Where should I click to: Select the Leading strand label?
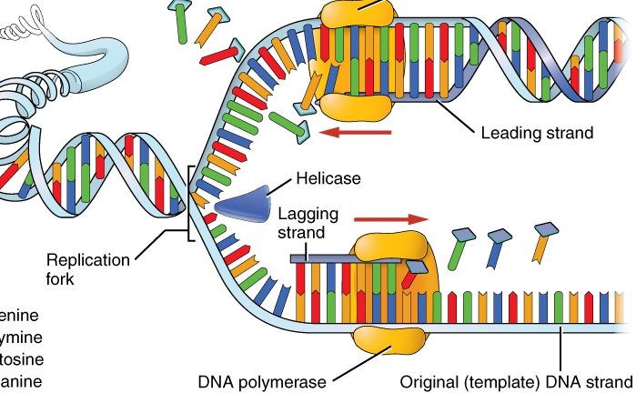click(537, 133)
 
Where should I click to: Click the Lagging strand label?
click(308, 224)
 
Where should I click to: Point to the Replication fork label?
click(90, 269)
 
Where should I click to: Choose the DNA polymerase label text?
click(267, 379)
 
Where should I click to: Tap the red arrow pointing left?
click(358, 133)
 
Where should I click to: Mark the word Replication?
click(90, 259)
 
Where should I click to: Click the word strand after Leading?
click(570, 133)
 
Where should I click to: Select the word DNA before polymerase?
click(220, 379)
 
